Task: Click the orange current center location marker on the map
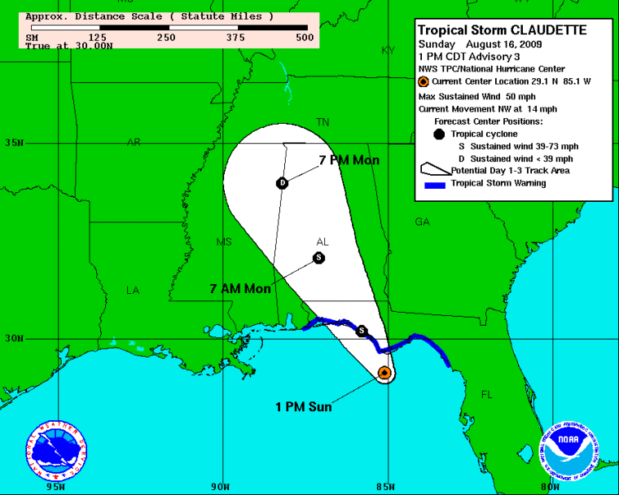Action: point(384,373)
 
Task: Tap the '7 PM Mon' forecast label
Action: point(349,160)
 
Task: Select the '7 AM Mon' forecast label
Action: point(239,288)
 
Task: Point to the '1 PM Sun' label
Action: point(302,407)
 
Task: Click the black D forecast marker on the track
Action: point(282,182)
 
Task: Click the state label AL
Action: point(323,243)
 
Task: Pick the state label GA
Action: point(422,221)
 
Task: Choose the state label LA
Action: point(133,290)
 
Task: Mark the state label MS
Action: point(224,242)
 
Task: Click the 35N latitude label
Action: point(12,143)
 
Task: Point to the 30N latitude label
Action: point(12,339)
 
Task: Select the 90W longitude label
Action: point(219,487)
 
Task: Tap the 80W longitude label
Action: point(550,487)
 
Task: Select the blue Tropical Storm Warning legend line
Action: point(444,184)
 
